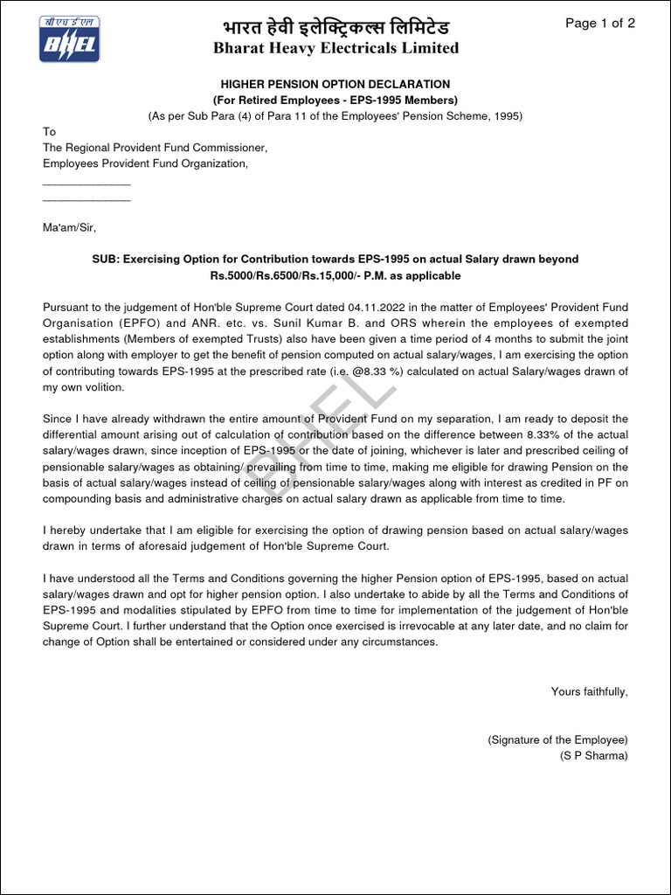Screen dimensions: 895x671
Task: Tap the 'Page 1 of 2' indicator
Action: tap(599, 24)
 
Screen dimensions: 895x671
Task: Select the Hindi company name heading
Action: tap(335, 26)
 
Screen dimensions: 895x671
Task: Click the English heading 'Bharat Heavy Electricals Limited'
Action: tap(335, 48)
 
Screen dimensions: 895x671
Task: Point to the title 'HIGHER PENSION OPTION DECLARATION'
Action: tap(335, 85)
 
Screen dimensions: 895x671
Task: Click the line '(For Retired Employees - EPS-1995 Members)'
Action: tap(335, 101)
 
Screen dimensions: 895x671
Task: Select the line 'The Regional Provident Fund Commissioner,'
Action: tap(155, 148)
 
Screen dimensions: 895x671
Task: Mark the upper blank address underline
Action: tap(86, 184)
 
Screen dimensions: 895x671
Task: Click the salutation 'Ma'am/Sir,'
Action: tap(69, 227)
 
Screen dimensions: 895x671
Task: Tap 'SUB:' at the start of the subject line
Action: tap(105, 260)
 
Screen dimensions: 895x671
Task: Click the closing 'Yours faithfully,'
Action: tap(589, 691)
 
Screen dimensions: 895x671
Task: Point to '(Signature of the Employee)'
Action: tap(557, 739)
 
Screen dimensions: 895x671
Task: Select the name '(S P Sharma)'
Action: tap(593, 755)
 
